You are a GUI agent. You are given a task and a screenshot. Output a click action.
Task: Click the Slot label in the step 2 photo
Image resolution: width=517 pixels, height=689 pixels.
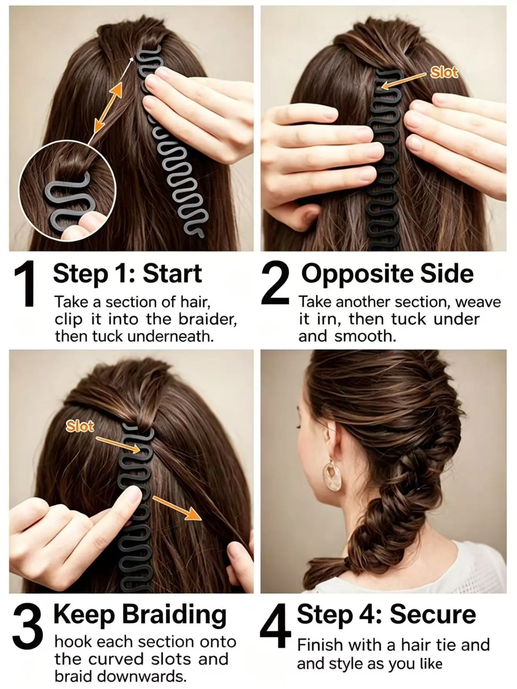tap(444, 72)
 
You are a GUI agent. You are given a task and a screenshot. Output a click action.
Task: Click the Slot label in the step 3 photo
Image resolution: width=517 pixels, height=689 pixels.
tap(80, 426)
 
